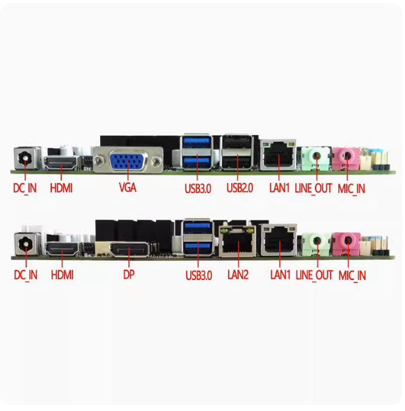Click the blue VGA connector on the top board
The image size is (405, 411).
128,160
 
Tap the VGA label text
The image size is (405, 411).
127,188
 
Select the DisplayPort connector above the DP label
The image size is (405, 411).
129,249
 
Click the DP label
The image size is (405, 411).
129,275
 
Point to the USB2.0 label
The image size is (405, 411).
240,188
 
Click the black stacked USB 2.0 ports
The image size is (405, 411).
237,152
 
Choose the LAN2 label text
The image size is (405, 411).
238,275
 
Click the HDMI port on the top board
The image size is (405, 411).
61,163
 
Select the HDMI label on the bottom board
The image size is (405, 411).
62,275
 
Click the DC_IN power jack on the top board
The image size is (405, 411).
26,158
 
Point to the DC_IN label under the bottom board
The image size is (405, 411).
26,275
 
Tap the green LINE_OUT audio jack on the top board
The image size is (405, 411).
316,158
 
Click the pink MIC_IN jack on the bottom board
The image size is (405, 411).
347,243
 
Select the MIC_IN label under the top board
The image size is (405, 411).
351,189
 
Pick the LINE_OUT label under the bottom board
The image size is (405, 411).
314,275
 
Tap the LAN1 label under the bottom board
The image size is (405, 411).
280,275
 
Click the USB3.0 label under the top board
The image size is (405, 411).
198,188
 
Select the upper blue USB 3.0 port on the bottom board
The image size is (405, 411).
197,226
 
